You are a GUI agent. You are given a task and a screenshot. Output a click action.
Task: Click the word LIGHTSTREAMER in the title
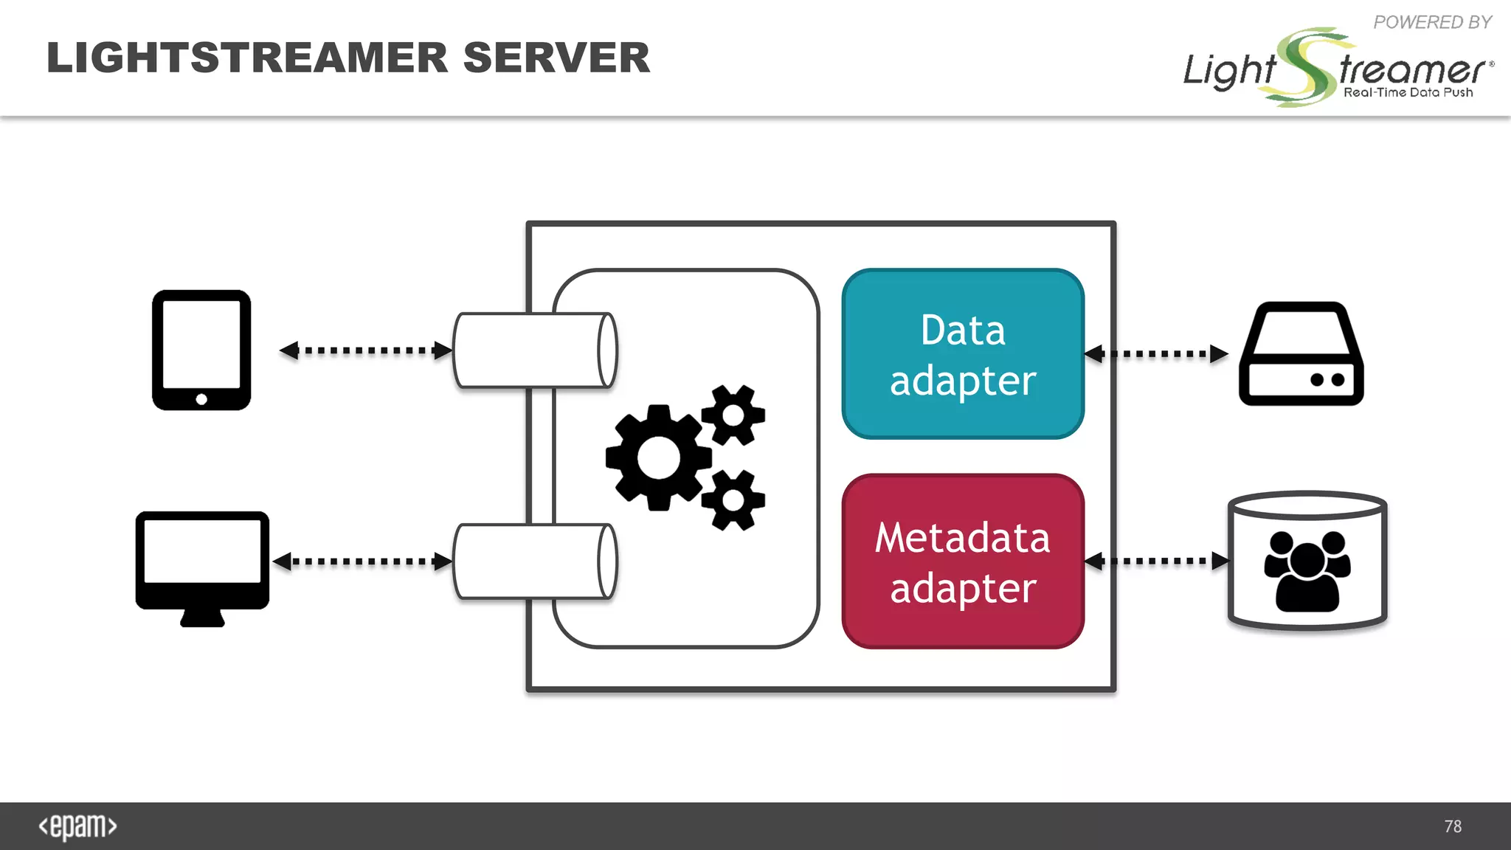[x=247, y=58]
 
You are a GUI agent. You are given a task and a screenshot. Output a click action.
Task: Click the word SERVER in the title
[x=556, y=58]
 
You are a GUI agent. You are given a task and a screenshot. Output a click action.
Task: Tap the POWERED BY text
[x=1432, y=22]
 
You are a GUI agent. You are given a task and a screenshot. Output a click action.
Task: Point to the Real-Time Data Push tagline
[x=1408, y=92]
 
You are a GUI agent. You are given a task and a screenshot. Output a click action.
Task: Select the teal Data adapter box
[x=963, y=354]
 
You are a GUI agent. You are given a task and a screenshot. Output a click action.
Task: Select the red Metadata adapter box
[x=963, y=562]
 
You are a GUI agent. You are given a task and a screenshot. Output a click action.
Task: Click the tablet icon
[x=201, y=350]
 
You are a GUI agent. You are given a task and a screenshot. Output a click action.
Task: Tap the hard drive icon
[x=1301, y=354]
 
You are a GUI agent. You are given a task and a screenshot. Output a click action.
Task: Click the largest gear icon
[x=658, y=457]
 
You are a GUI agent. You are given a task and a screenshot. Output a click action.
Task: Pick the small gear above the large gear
[x=733, y=415]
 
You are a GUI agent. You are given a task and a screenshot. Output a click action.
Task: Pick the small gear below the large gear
[x=733, y=500]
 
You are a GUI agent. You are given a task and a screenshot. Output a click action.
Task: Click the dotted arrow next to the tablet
[x=366, y=350]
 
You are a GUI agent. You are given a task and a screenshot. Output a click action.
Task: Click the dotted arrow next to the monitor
[x=362, y=562]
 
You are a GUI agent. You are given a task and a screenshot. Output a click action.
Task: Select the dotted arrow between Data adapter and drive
[x=1156, y=354]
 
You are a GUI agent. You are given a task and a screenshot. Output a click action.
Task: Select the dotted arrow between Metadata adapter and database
[x=1156, y=562]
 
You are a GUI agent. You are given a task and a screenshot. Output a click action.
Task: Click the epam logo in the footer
[x=77, y=826]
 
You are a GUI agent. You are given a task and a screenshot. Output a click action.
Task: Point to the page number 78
[x=1453, y=826]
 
